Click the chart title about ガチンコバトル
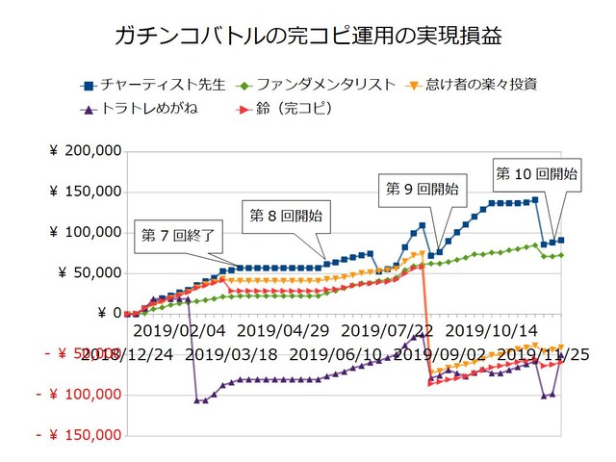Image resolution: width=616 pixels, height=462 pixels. pyautogui.click(x=308, y=37)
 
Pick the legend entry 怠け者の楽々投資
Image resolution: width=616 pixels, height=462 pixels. pyautogui.click(x=476, y=85)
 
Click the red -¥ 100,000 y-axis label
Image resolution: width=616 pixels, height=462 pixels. pyautogui.click(x=79, y=395)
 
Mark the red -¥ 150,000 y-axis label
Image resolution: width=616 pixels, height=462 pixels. pyautogui.click(x=79, y=435)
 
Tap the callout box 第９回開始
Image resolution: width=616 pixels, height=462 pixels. pyautogui.click(x=421, y=187)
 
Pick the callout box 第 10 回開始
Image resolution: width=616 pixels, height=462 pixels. pyautogui.click(x=536, y=174)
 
